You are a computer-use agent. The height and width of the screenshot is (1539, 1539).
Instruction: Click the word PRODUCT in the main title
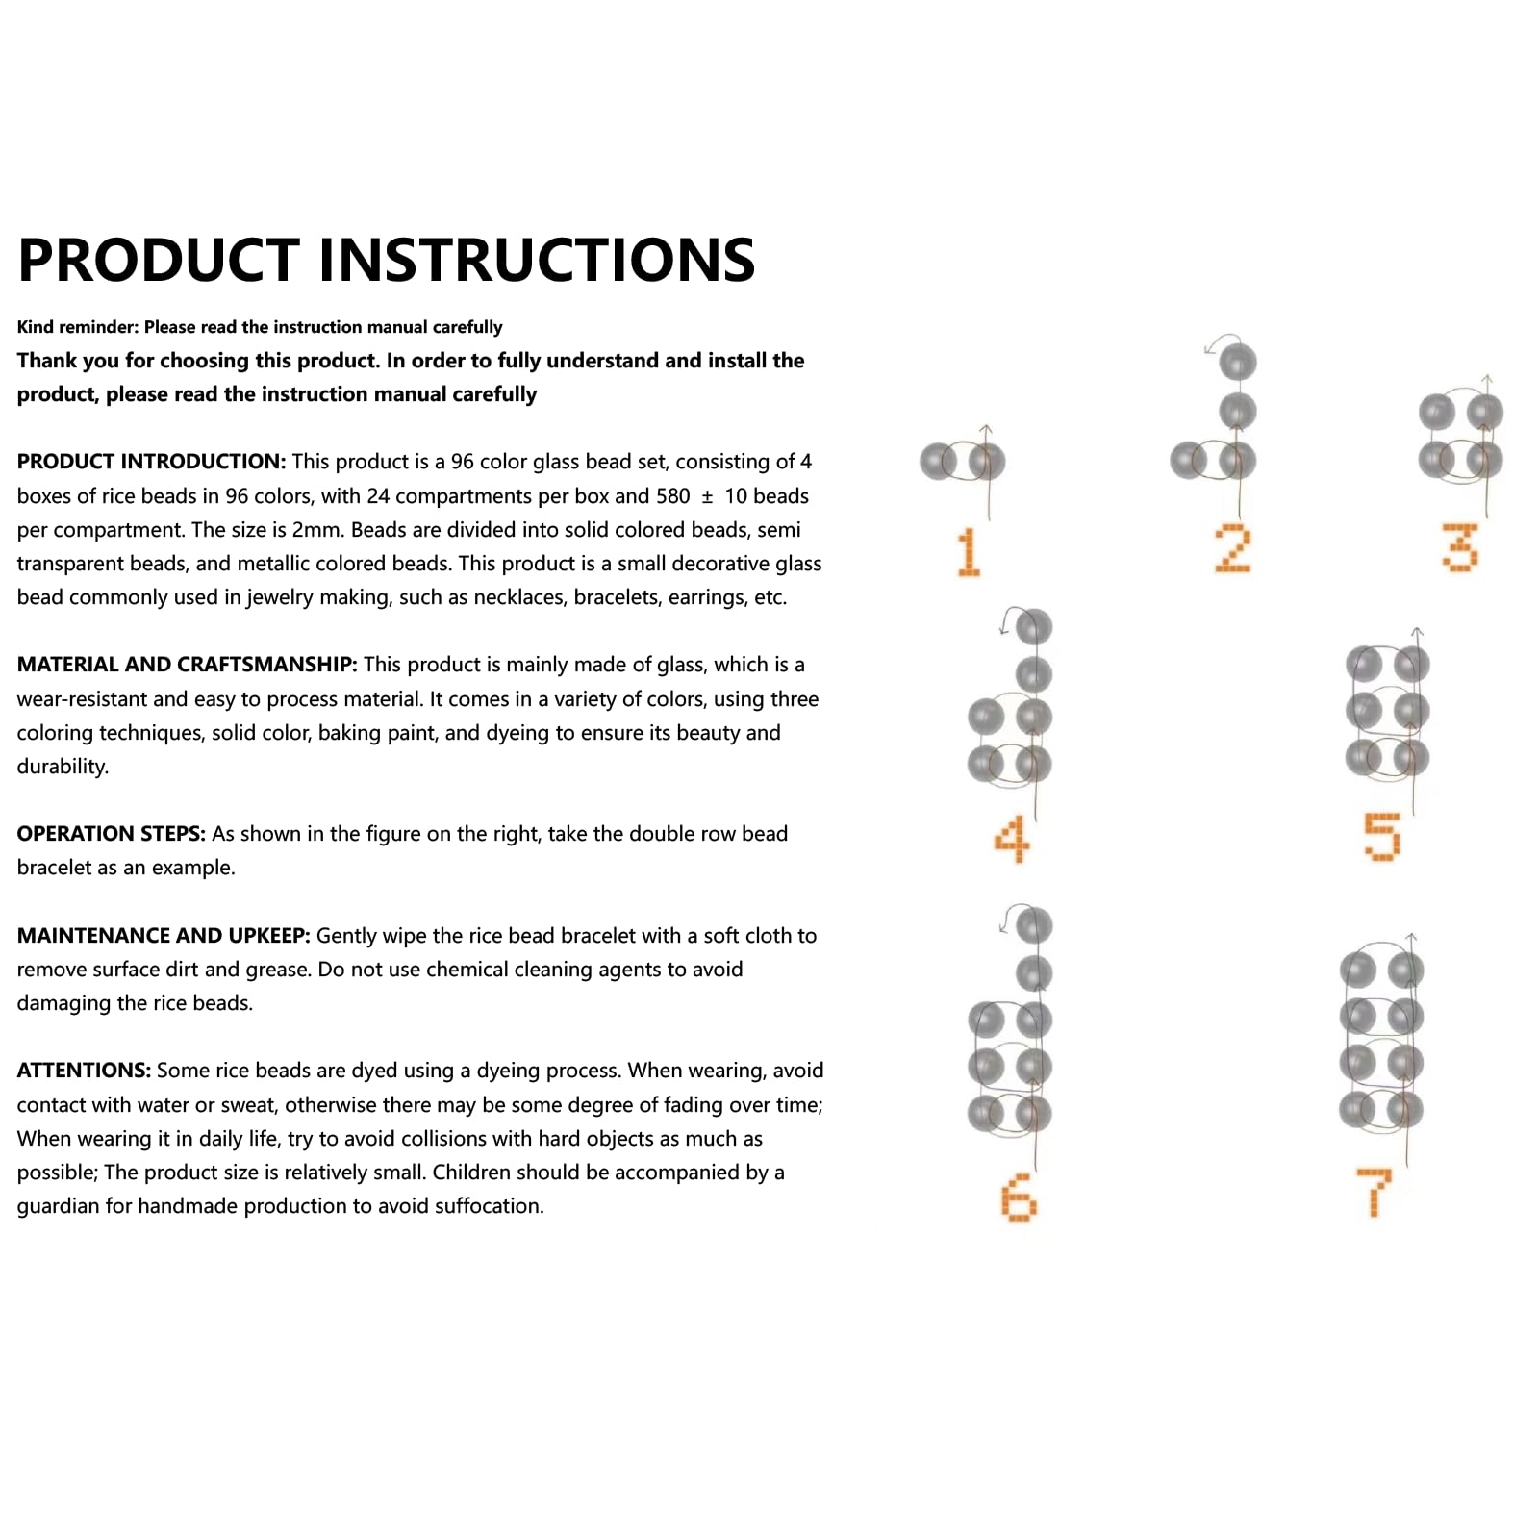(159, 260)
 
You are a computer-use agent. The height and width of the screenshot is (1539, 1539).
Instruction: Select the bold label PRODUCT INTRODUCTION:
(151, 462)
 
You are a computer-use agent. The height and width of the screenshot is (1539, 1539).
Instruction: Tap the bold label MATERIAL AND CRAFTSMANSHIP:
(187, 665)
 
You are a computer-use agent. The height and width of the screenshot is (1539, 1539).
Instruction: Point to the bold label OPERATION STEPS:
(111, 834)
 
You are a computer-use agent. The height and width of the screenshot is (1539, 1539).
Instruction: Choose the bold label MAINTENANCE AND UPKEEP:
(163, 936)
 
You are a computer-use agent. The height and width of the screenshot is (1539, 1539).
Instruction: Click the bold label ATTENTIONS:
(84, 1071)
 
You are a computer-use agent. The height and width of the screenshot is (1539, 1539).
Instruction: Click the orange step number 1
(969, 551)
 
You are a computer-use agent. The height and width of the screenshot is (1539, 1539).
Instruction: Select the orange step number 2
(1232, 548)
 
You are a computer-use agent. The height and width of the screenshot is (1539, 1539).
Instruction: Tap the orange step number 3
(1459, 546)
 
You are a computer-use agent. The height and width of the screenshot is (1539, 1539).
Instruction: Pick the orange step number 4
(1012, 839)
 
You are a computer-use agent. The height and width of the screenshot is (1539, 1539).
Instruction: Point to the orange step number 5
(1382, 836)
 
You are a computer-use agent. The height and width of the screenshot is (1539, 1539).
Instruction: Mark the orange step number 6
(1019, 1198)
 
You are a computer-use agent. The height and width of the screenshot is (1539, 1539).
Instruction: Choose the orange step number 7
(1375, 1192)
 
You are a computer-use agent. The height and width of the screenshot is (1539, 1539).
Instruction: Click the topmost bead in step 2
(1238, 363)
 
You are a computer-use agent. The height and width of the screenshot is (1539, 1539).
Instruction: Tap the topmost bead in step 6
(1034, 925)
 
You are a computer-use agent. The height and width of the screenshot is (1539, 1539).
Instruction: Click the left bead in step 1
(938, 462)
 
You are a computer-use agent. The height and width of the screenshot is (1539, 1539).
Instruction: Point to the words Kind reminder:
(78, 327)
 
